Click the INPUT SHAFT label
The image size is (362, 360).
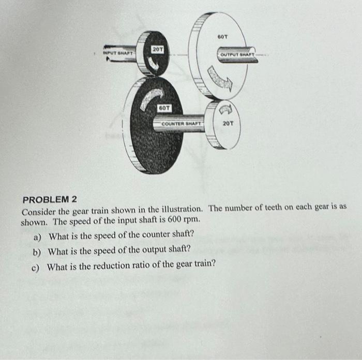[x=119, y=53]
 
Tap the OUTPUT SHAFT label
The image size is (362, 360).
[x=237, y=55]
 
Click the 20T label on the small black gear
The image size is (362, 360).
[x=158, y=48]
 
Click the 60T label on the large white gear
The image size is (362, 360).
[x=222, y=37]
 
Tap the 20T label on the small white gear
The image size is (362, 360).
[x=228, y=123]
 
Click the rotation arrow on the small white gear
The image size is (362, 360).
[x=227, y=109]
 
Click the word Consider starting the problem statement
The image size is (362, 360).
[x=38, y=211]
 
